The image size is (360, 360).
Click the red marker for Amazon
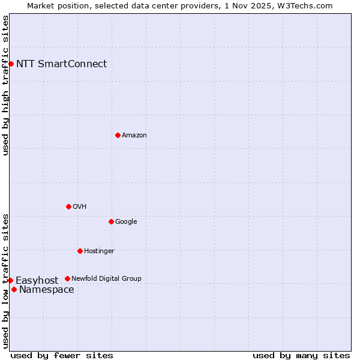118,135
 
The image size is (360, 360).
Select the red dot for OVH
68,206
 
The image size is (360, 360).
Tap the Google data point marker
111,221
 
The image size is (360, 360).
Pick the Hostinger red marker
80,251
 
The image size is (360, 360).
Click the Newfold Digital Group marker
67,278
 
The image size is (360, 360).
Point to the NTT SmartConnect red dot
11,64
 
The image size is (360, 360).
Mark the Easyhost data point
10,280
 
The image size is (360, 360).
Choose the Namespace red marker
14,289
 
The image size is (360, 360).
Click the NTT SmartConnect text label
61,64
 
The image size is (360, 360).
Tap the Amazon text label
134,136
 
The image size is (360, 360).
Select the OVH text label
80,207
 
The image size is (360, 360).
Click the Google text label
126,222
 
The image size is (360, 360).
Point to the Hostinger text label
99,251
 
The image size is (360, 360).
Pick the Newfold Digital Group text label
106,279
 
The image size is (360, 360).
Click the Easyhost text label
37,281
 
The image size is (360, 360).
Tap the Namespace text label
47,290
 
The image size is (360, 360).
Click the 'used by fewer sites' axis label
62,355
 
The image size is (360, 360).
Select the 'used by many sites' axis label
301,355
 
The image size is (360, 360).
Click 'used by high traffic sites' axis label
5,85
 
